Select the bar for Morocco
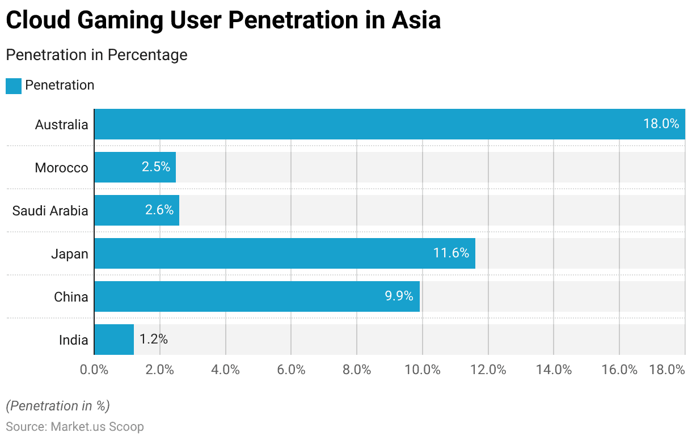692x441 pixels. click(x=135, y=167)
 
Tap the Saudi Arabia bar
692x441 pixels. click(x=137, y=210)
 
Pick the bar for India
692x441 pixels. click(x=114, y=340)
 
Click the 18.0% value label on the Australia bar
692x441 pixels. click(x=661, y=124)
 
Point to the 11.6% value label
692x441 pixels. click(x=451, y=253)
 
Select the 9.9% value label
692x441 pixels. click(x=399, y=296)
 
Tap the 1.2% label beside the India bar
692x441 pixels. click(x=153, y=340)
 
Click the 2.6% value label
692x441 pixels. click(x=159, y=210)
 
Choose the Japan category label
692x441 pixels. click(x=70, y=254)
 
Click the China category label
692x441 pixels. click(x=71, y=297)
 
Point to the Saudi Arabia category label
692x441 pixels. click(x=50, y=211)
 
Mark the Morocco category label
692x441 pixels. click(x=61, y=168)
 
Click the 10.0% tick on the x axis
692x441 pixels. click(x=423, y=370)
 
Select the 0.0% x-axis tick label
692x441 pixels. click(x=94, y=370)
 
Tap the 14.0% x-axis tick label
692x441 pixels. click(x=554, y=370)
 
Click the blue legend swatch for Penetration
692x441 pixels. click(x=14, y=86)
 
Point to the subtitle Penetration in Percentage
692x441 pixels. click(x=96, y=55)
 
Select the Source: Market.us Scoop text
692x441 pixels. click(x=75, y=427)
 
